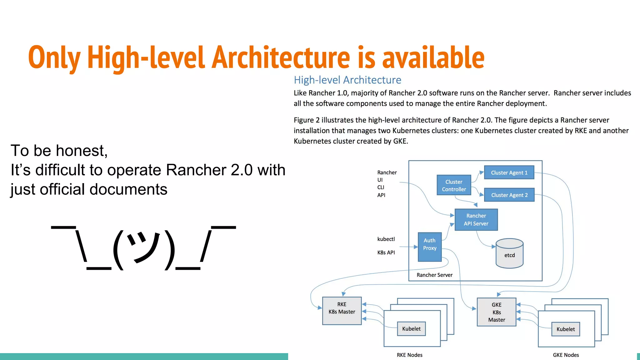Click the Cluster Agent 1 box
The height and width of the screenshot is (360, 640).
(x=509, y=172)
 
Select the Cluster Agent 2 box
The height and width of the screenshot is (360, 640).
(x=509, y=195)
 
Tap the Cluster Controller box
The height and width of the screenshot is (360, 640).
(x=454, y=185)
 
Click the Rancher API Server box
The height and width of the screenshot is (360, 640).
(x=476, y=220)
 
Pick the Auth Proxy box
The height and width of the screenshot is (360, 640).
(x=430, y=247)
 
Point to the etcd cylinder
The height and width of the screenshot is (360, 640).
(x=509, y=254)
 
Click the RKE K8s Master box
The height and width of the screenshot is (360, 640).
(x=342, y=311)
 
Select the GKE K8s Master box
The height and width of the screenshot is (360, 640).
(x=496, y=312)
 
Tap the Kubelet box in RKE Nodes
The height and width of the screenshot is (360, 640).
(x=411, y=329)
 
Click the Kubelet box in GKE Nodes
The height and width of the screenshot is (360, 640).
(x=565, y=329)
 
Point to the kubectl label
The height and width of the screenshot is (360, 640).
(x=386, y=239)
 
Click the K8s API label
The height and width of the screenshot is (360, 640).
(x=386, y=252)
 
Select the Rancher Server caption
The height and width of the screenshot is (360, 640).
(x=434, y=275)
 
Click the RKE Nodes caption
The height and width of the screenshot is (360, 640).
(x=409, y=355)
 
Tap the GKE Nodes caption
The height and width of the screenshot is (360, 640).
(x=566, y=355)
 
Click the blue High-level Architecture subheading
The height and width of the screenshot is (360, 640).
(x=347, y=80)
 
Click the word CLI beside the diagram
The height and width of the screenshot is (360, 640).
(x=381, y=187)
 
